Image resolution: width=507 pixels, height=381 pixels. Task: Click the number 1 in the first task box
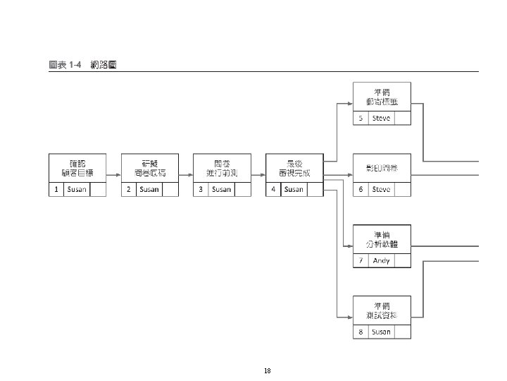[x=56, y=189]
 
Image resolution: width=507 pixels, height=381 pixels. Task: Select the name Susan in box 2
[x=149, y=189]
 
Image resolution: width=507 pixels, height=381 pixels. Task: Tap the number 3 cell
[x=201, y=189]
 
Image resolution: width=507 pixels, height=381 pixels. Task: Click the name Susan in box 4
[x=294, y=189]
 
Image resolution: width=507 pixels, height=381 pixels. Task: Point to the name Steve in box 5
[x=381, y=118]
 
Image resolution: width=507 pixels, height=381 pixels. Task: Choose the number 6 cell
[x=361, y=189]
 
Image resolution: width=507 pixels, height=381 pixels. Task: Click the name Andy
[x=381, y=260]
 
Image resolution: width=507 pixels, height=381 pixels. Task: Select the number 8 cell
[x=361, y=332]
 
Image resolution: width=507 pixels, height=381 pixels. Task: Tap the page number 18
[x=267, y=370]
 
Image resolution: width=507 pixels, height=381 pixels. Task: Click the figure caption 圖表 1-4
[x=65, y=65]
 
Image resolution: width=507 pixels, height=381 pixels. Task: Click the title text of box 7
[x=382, y=239]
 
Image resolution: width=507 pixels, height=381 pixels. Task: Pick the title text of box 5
[x=382, y=97]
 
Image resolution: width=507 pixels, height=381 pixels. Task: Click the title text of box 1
[x=77, y=168]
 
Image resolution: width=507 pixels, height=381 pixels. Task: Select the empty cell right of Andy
[x=402, y=260]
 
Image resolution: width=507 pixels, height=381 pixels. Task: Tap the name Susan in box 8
[x=381, y=332]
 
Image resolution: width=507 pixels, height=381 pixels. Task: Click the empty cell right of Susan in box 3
[x=243, y=189]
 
